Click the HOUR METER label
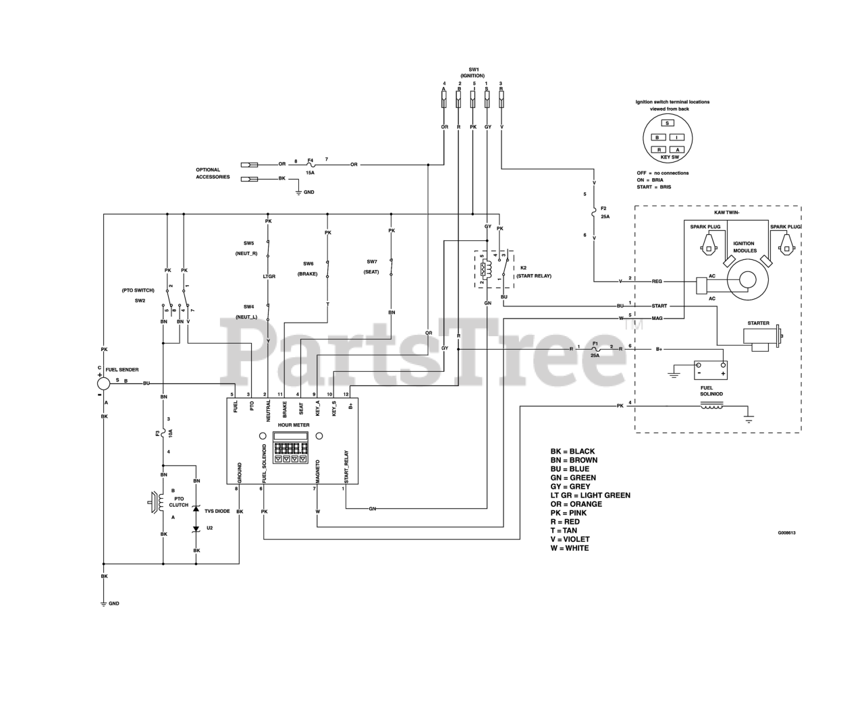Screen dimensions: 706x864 coord(294,425)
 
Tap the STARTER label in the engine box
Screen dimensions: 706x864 coord(758,323)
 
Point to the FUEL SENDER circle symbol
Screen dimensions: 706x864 coord(103,383)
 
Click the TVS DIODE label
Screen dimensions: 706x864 coord(217,511)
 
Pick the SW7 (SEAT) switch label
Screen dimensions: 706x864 coord(372,267)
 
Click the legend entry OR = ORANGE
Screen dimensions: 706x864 coord(576,504)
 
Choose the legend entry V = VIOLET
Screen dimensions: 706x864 coord(570,539)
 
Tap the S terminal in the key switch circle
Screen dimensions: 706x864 coord(667,124)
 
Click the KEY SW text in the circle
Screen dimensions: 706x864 coord(670,157)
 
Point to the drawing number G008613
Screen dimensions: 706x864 coord(786,533)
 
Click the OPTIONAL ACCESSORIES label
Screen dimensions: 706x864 coord(213,173)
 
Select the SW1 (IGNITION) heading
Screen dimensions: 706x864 coord(473,72)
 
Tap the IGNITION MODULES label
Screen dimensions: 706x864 coord(745,247)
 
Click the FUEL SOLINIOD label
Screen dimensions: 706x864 coord(711,391)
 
